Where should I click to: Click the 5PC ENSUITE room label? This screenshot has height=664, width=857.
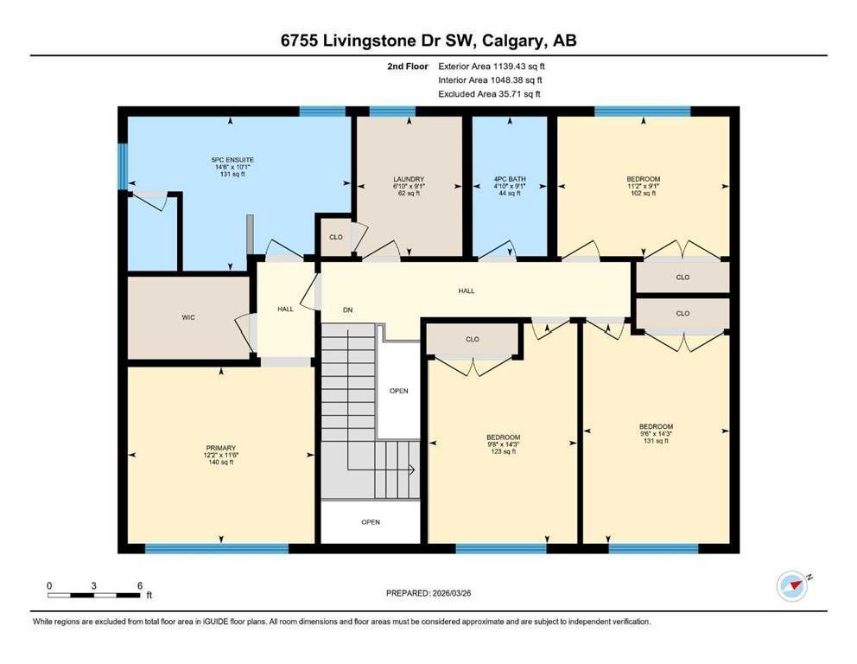click(232, 160)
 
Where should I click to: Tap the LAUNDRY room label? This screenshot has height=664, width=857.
click(409, 179)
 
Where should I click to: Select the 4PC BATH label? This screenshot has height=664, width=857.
click(510, 179)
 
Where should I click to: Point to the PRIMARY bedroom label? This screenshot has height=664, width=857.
click(221, 448)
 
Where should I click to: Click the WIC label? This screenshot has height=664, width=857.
click(188, 317)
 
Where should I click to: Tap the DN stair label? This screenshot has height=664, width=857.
click(347, 310)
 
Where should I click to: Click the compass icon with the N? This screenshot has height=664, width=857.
click(792, 586)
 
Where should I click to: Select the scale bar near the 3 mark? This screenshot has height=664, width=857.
click(93, 595)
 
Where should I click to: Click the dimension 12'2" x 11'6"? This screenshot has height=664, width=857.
click(221, 455)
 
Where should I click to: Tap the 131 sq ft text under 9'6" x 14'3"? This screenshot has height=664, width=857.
click(656, 441)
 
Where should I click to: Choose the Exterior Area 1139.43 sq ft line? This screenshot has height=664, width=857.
click(492, 67)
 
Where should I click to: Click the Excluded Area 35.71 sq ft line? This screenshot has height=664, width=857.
click(489, 94)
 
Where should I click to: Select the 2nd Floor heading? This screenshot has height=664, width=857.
click(408, 67)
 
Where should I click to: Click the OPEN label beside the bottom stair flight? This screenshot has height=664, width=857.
click(371, 522)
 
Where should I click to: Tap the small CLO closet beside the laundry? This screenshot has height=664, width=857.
click(335, 237)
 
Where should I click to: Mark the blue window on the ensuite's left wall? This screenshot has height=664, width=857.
click(123, 166)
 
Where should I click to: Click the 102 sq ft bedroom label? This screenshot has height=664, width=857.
click(644, 193)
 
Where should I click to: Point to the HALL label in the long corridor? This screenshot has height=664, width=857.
click(467, 291)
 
